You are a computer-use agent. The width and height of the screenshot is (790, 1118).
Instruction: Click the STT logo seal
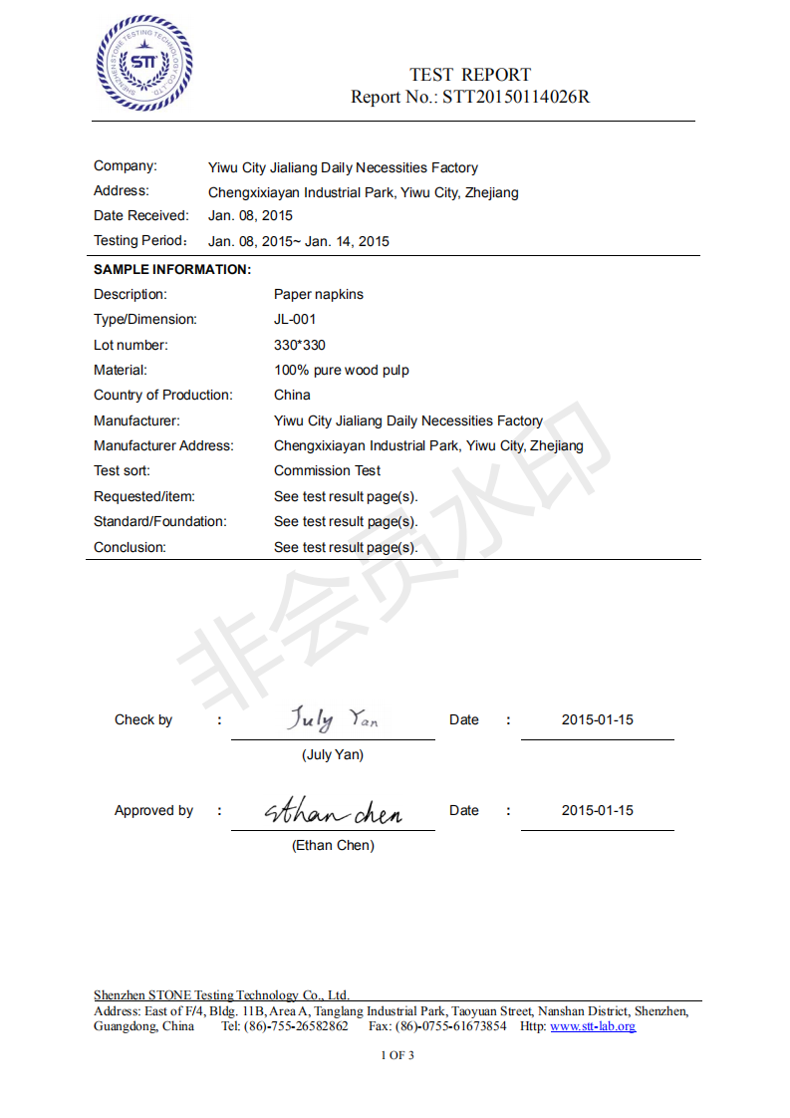point(143,63)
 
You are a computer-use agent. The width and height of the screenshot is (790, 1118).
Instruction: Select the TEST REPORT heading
point(470,75)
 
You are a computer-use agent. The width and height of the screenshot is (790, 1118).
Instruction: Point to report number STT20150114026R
point(516,98)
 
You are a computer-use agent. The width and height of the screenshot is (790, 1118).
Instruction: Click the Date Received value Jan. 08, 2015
point(250,215)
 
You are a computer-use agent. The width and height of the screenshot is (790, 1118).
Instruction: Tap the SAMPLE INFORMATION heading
point(172,269)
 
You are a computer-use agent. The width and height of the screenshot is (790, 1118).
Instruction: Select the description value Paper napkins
point(319,294)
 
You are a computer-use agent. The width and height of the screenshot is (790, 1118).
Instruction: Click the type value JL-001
point(295,320)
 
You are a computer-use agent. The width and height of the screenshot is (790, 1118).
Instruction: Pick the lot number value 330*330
point(299,345)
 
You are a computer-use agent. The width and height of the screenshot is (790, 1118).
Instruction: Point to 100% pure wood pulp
point(342,370)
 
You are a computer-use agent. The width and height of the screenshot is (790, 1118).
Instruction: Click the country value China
point(292,395)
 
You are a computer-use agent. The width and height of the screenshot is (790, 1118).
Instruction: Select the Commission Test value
point(327,470)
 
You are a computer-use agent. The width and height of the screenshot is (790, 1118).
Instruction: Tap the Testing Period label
point(140,241)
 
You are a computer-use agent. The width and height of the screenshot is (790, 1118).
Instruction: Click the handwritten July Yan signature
point(333,718)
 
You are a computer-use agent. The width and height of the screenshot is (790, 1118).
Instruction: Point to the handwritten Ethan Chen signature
point(333,813)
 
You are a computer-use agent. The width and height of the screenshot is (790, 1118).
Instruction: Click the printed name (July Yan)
point(333,754)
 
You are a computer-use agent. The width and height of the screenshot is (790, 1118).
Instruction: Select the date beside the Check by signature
point(597,719)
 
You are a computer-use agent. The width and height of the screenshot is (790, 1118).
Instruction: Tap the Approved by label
point(153,810)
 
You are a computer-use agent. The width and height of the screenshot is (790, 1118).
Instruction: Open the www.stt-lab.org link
point(593,1026)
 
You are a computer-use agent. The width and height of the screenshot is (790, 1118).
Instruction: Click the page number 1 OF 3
point(397,1055)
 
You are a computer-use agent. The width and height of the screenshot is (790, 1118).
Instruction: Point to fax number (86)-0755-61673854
point(450,1026)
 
